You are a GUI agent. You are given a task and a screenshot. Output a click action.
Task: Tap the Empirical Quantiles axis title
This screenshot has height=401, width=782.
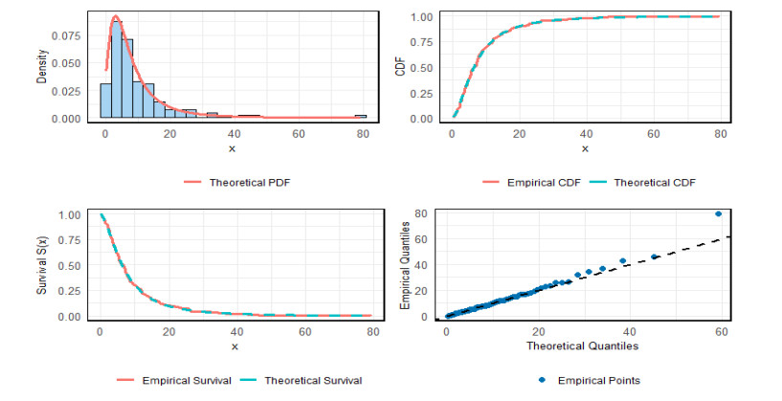[x=405, y=265]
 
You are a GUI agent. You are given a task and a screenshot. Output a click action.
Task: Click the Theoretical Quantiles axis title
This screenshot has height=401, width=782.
[x=582, y=345]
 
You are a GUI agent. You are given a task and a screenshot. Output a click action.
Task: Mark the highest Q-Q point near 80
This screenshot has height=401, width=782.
[x=718, y=213]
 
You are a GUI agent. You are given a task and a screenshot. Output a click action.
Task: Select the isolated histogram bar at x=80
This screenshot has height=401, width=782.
[x=361, y=117]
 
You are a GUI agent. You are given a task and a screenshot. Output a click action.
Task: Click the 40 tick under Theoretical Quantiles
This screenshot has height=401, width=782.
[x=630, y=330]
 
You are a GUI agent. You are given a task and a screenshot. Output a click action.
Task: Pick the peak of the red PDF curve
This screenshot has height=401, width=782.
[x=116, y=15]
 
